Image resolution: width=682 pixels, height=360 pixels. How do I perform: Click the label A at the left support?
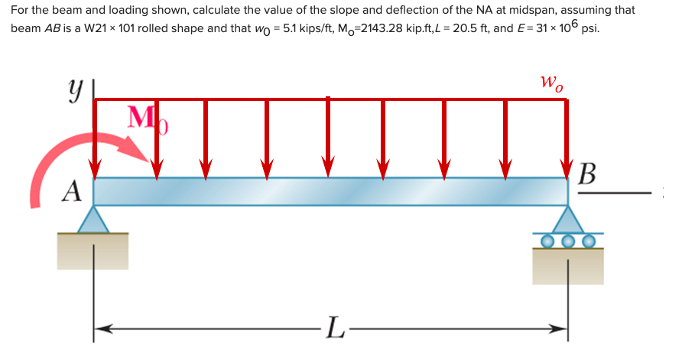pos(72,190)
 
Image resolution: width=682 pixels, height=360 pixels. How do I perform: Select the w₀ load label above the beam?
pos(551,81)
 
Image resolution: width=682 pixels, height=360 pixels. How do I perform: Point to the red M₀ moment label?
pos(146,119)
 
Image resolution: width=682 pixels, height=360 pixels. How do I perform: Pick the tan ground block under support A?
pos(93,251)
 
